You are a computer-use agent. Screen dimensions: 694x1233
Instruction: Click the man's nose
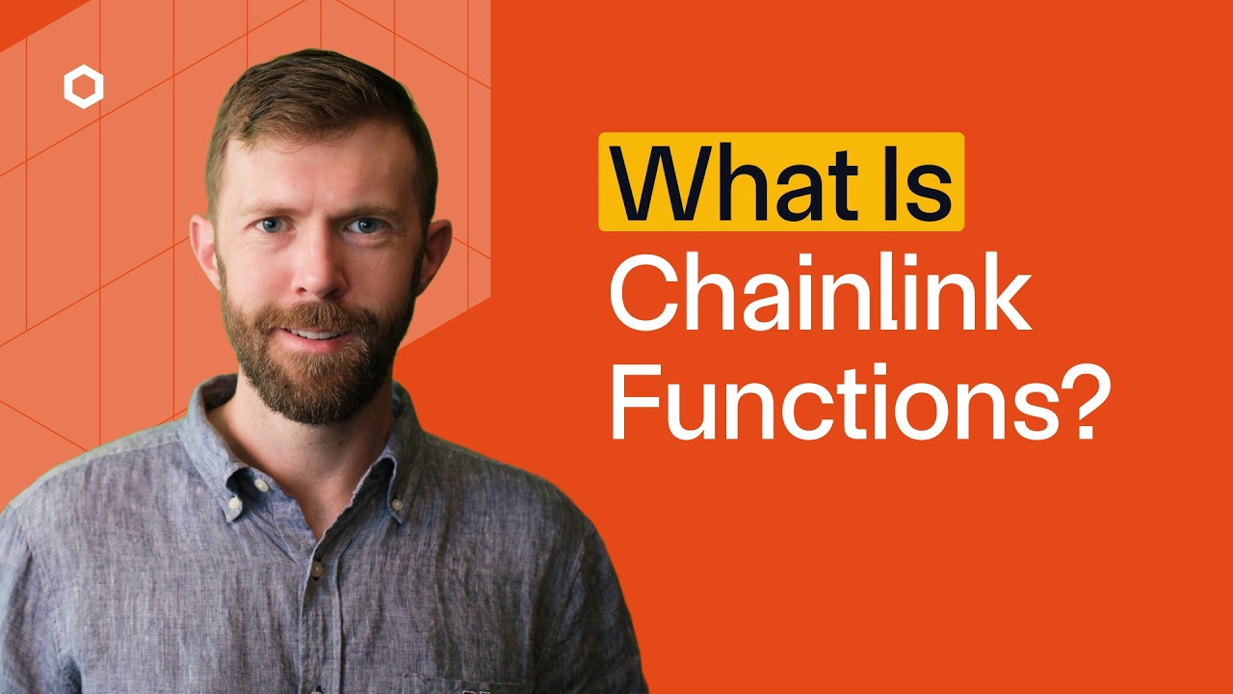[x=318, y=275]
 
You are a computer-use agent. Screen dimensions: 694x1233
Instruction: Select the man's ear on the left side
[x=204, y=253]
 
